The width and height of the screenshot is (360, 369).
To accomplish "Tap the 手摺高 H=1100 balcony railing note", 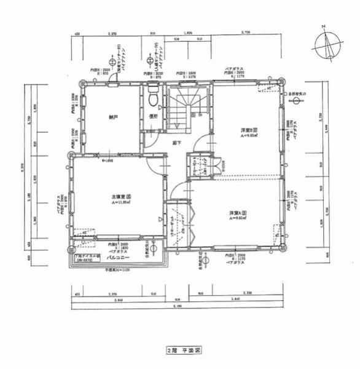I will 117,270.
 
